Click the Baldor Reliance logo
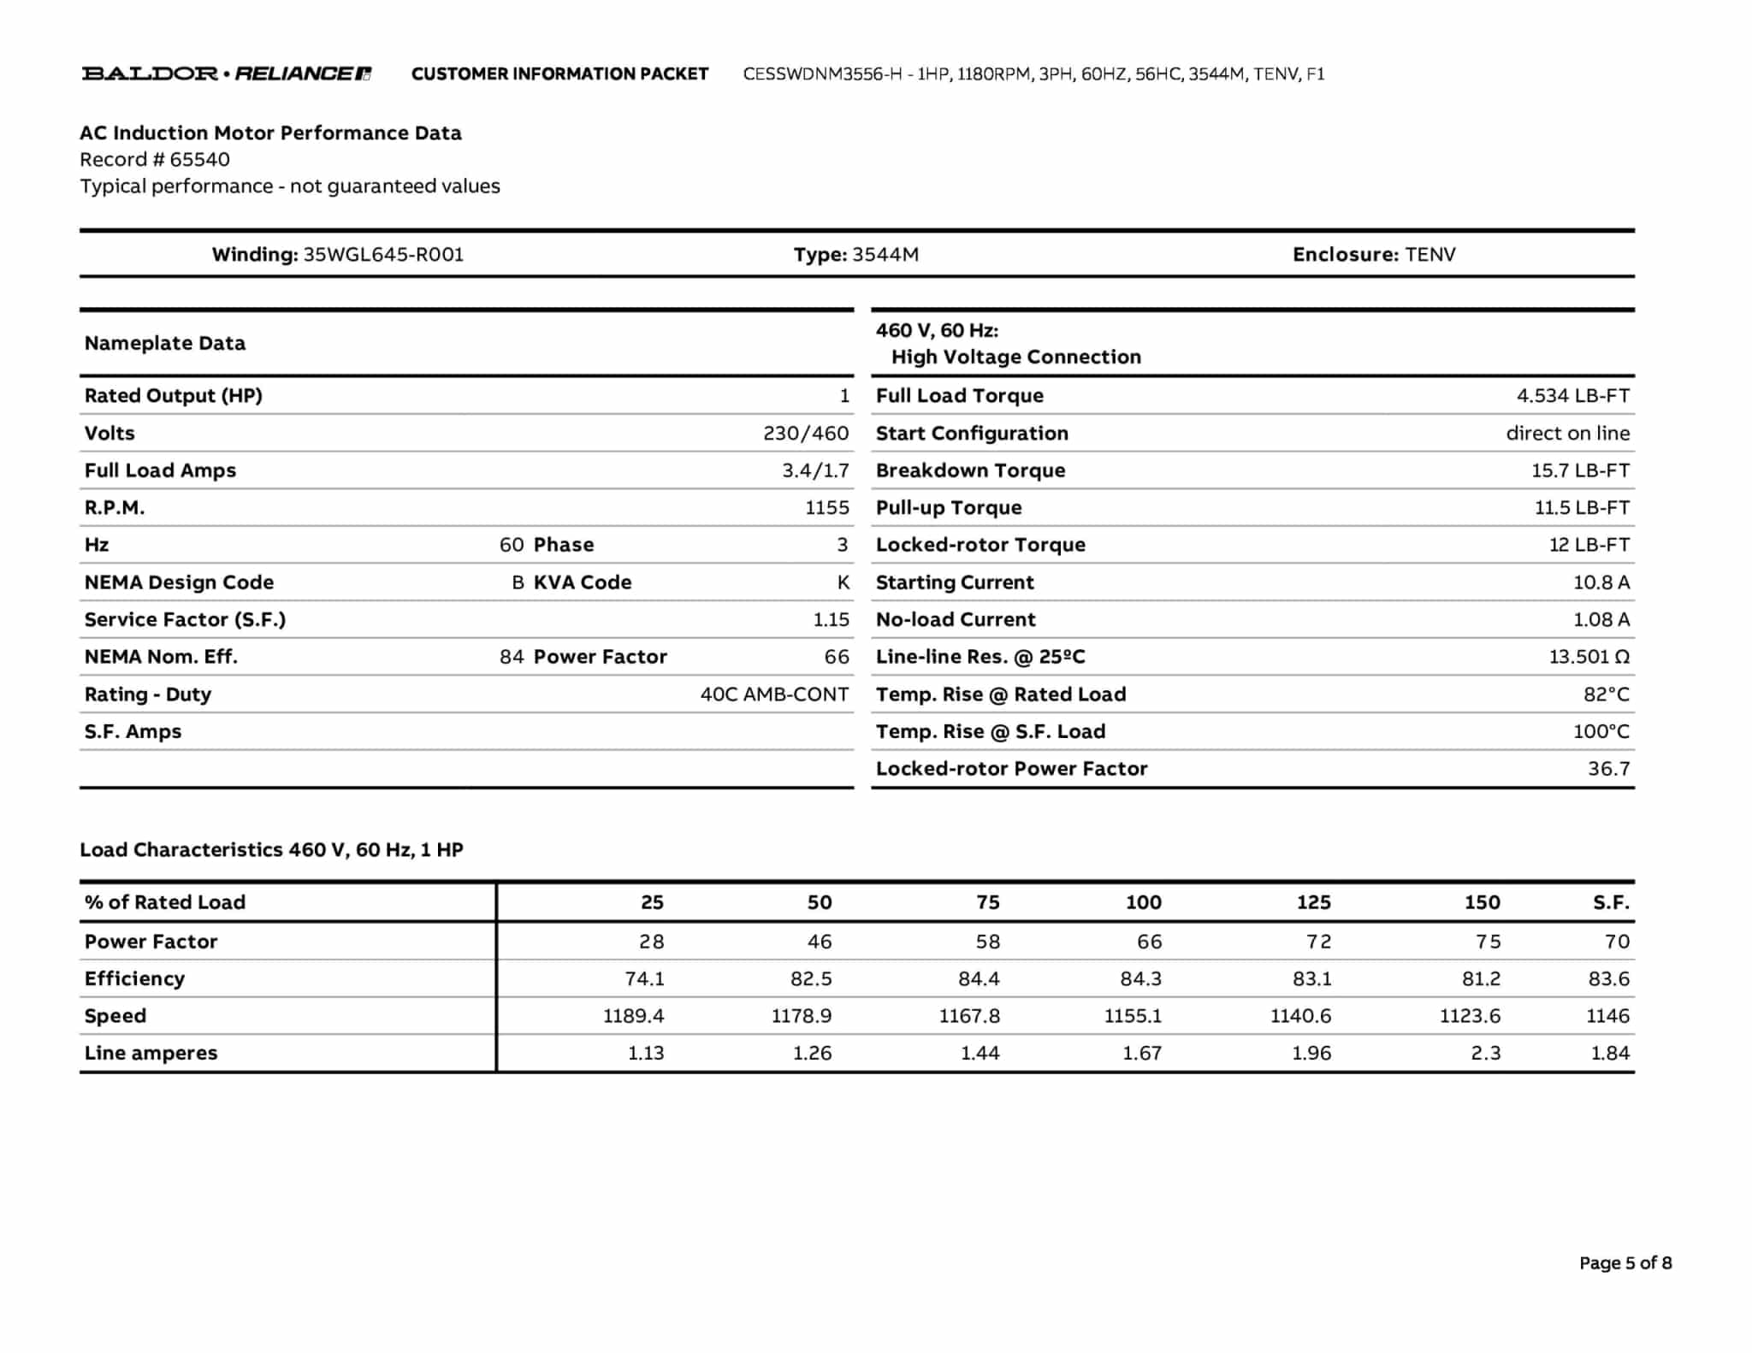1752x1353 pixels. tap(226, 74)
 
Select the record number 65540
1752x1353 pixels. tap(199, 159)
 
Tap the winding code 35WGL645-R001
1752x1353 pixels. tap(383, 254)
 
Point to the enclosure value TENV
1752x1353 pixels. tap(1429, 254)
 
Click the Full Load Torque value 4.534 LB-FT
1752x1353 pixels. tap(1572, 395)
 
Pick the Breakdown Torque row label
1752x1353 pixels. tap(970, 470)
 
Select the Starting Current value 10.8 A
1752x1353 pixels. tap(1601, 582)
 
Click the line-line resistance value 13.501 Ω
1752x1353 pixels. tap(1589, 657)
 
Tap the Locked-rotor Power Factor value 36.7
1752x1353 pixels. tap(1608, 769)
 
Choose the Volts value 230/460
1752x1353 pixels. tap(806, 433)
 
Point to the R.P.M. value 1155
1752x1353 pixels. tap(826, 508)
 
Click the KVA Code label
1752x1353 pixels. tap(583, 582)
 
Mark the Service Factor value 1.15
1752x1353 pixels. tap(831, 620)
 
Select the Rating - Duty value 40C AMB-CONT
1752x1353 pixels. tap(774, 694)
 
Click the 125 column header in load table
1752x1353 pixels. tap(1313, 902)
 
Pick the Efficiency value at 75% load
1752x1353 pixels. tap(979, 978)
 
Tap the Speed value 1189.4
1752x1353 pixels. tap(633, 1016)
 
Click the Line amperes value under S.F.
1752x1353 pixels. tap(1609, 1054)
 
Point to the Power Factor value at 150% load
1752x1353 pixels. tap(1488, 942)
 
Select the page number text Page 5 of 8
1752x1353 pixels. tap(1625, 1263)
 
